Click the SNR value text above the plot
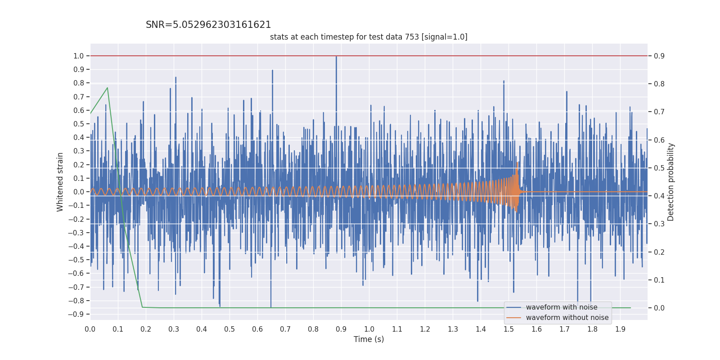(x=208, y=25)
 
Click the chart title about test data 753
(x=369, y=37)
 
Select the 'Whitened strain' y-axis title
(x=60, y=182)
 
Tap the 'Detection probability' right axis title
(x=670, y=182)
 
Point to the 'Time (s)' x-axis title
(x=369, y=339)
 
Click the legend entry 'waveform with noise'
(x=562, y=307)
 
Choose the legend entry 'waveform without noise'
(x=567, y=318)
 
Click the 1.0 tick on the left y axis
(x=78, y=56)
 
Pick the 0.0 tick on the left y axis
(x=78, y=192)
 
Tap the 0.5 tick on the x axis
(x=229, y=329)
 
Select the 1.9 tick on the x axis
(x=620, y=329)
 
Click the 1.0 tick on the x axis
(x=369, y=329)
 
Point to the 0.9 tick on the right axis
(x=659, y=56)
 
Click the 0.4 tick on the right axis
(x=659, y=196)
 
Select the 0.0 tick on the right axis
(x=659, y=308)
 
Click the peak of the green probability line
(x=107, y=88)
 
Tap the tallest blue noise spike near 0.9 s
(x=336, y=57)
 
